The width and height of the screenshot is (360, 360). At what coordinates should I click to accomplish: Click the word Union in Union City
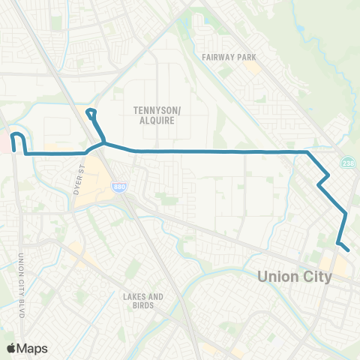click(x=278, y=276)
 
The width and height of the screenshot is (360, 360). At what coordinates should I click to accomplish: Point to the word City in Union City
click(x=316, y=276)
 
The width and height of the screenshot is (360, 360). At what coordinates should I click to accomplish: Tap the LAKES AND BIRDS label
click(x=142, y=301)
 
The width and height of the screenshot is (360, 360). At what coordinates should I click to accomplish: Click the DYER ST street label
click(x=79, y=183)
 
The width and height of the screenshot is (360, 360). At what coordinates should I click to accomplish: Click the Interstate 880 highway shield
click(x=120, y=190)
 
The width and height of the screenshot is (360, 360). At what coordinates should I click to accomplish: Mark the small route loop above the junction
click(x=91, y=115)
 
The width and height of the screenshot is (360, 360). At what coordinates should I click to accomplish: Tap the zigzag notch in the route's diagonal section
click(x=324, y=179)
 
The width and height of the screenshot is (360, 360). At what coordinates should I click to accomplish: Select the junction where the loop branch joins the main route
click(x=103, y=142)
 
